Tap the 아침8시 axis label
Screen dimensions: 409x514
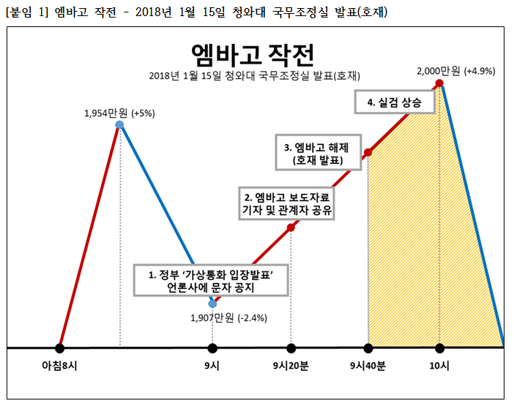[x=60, y=365]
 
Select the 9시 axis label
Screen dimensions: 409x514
[x=212, y=365]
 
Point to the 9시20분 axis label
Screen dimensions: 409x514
[x=290, y=365]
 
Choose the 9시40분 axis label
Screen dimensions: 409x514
[x=368, y=365]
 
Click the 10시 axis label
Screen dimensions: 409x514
[x=439, y=365]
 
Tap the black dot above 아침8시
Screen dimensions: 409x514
[x=60, y=348]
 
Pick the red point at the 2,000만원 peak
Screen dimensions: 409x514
[x=439, y=84]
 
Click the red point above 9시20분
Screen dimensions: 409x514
[x=291, y=228]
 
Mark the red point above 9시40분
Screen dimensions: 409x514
[x=368, y=153]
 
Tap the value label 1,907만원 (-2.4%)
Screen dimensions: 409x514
[x=228, y=318]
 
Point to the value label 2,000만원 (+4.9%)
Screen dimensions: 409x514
[x=455, y=71]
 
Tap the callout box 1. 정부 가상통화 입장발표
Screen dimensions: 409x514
[x=210, y=282]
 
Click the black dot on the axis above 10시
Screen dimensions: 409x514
[x=439, y=348]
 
